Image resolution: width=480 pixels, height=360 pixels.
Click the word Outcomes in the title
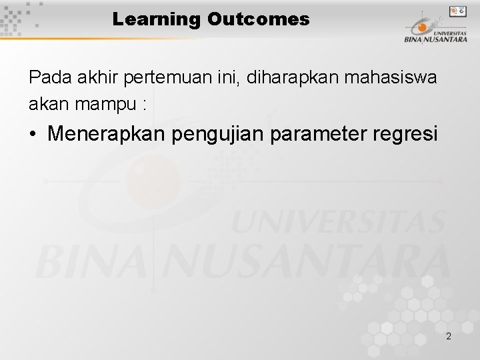coord(258,19)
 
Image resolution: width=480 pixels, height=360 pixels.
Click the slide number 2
coord(449,336)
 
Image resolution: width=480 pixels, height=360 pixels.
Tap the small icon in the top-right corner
coord(457,11)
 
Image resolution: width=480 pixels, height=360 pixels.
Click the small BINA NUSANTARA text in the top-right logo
coord(435,39)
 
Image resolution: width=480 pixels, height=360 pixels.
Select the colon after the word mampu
coord(145,105)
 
